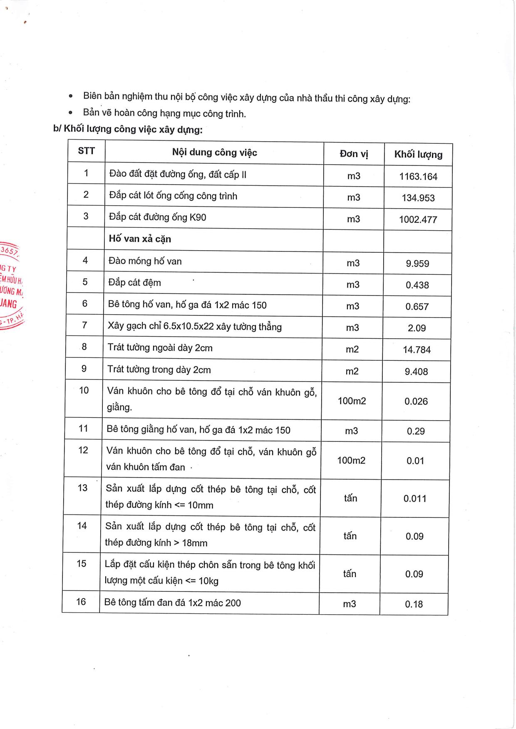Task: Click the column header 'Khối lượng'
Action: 418,155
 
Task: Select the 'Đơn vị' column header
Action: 354,154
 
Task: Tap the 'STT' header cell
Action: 86,151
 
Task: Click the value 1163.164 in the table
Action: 418,177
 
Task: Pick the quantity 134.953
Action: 418,198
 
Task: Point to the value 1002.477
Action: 418,219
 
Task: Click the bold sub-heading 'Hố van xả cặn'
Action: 140,239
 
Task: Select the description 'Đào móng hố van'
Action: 145,261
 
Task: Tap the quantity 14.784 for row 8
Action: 417,350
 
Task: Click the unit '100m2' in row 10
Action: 352,401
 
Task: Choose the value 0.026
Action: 416,401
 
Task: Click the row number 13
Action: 82,488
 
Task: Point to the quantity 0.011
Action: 415,499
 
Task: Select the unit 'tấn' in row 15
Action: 350,574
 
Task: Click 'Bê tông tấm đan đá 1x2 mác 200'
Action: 172,603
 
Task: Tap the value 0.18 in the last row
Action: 414,604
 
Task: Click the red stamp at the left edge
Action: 10,287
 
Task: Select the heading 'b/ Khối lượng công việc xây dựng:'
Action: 128,129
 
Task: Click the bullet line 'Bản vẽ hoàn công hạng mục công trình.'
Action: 164,113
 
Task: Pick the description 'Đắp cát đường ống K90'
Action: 157,217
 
